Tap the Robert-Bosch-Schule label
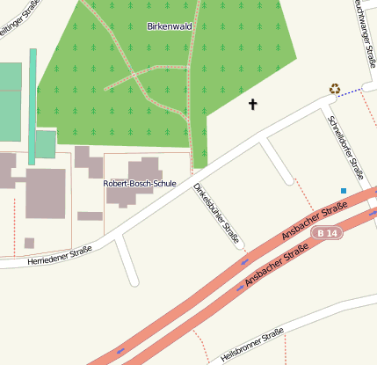pyautogui.click(x=140, y=184)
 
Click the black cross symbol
pyautogui.click(x=253, y=105)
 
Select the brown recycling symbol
pyautogui.click(x=334, y=88)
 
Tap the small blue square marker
pyautogui.click(x=344, y=190)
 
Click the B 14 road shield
pyautogui.click(x=326, y=232)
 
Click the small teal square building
pyautogui.click(x=45, y=143)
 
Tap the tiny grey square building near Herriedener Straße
pyautogui.click(x=29, y=243)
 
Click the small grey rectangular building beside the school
pyautogui.click(x=90, y=215)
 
